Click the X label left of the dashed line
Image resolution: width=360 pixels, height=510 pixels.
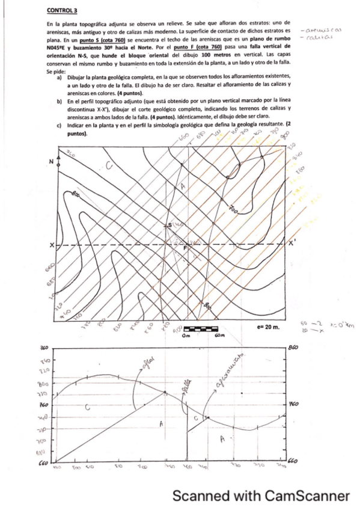coord(52,245)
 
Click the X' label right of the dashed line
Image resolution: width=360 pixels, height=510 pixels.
coord(292,244)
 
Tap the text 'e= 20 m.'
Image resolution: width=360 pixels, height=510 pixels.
coord(262,329)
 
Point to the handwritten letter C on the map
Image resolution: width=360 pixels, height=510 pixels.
coord(109,166)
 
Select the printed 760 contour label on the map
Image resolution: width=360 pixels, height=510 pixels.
coord(234,208)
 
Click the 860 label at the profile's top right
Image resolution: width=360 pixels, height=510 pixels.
coord(294,348)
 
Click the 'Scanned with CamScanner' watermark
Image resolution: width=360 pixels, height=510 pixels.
coord(261,496)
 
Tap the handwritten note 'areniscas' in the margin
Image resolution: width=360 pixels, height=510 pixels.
coord(323,29)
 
